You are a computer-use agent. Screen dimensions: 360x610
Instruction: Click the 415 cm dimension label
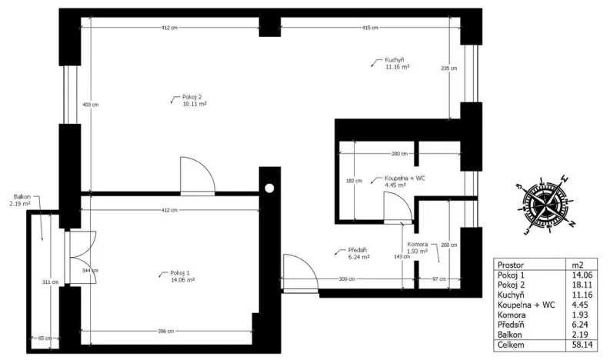pyautogui.click(x=370, y=28)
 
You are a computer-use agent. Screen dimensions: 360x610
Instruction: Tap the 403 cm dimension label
pyautogui.click(x=90, y=105)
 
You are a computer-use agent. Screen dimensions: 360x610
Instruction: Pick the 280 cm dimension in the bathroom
pyautogui.click(x=398, y=154)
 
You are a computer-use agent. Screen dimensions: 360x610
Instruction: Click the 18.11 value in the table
pyautogui.click(x=580, y=284)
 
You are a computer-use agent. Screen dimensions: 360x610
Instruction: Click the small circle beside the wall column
pyautogui.click(x=270, y=187)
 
